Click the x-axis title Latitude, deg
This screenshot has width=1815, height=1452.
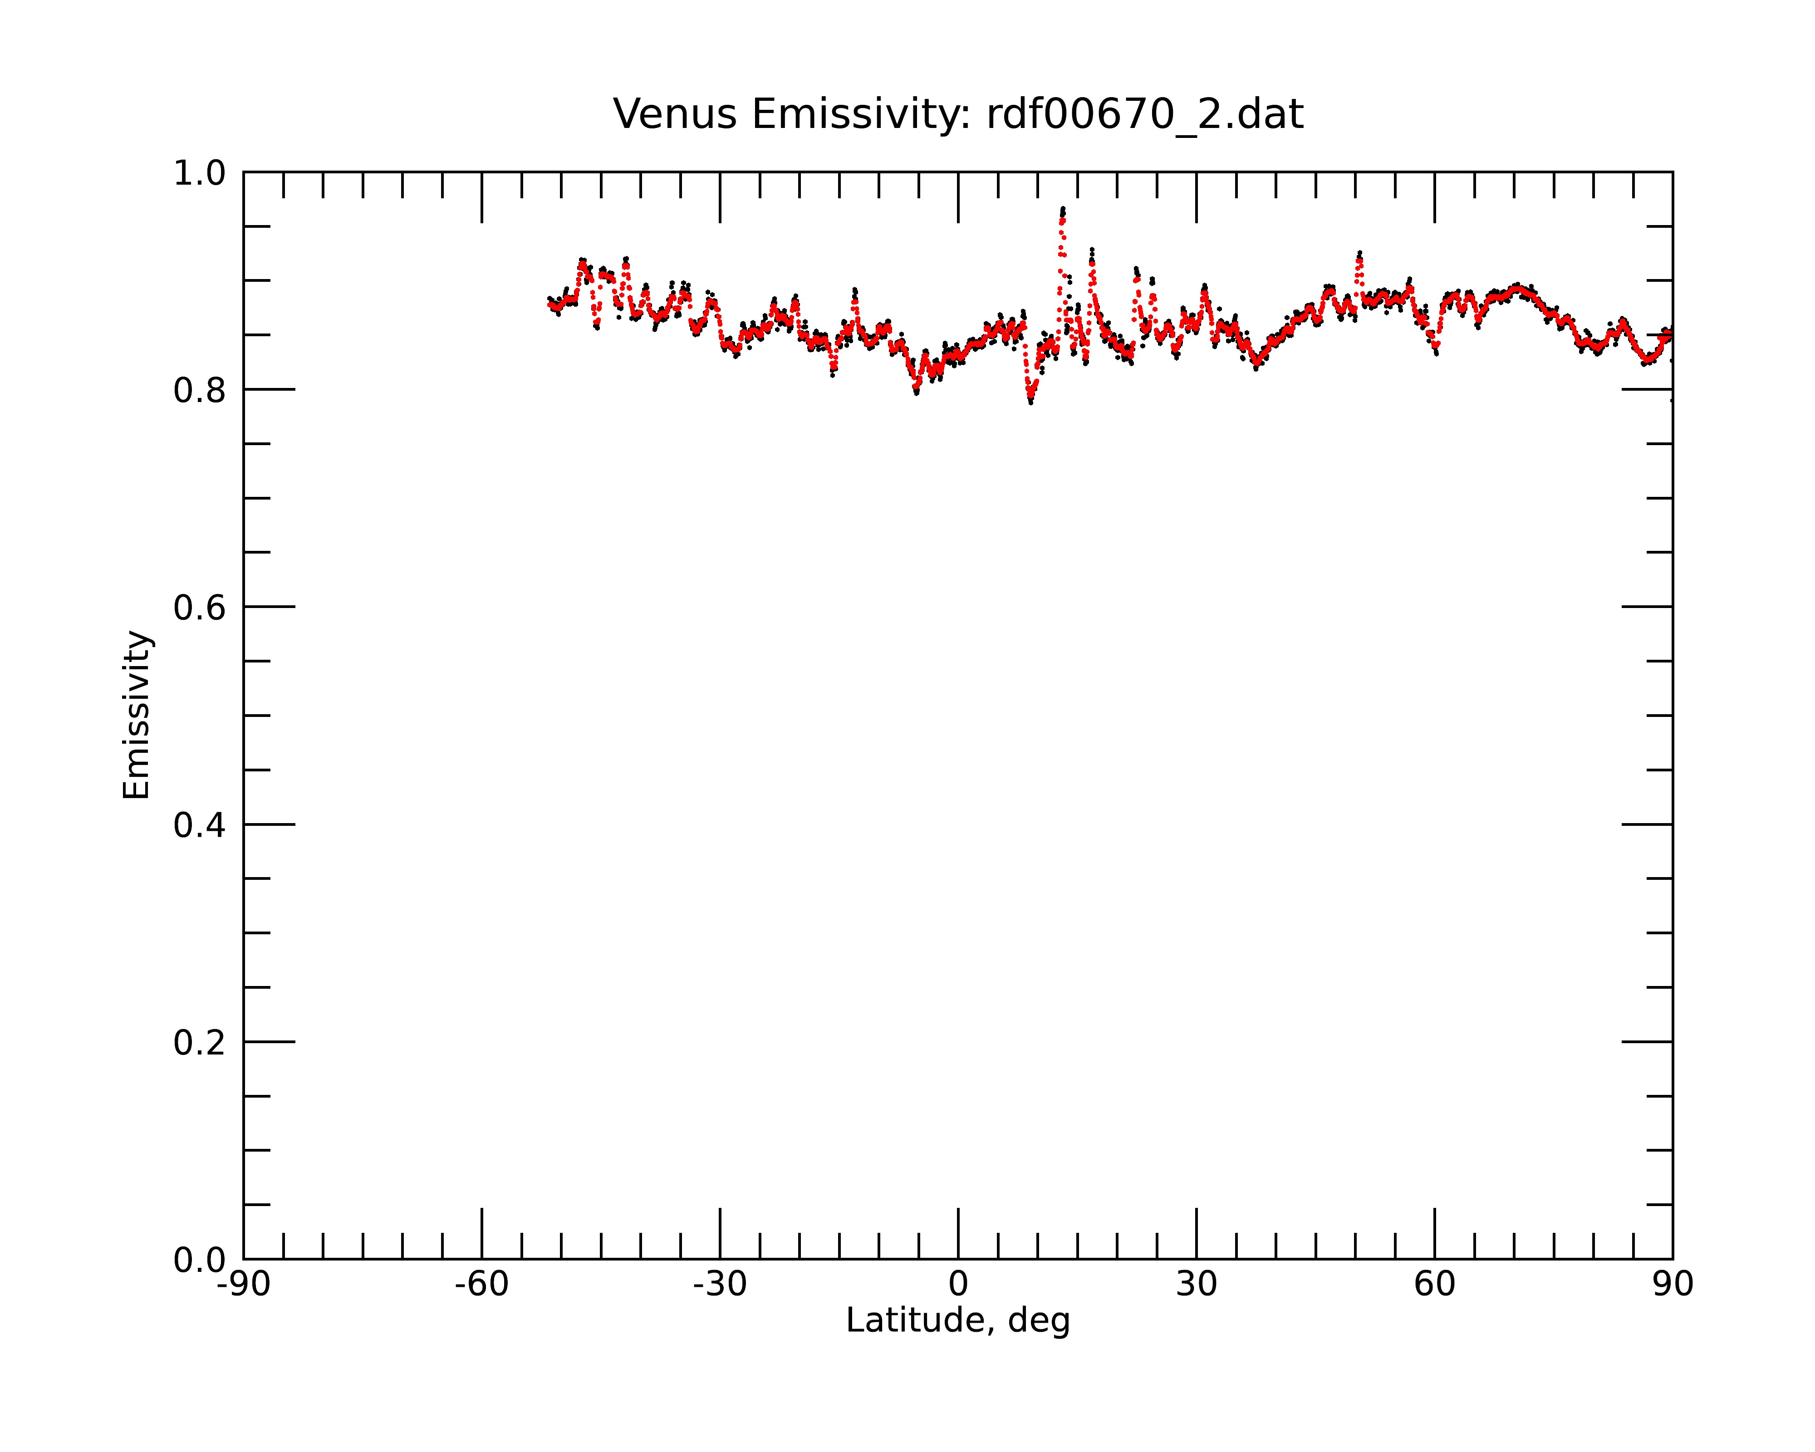pyautogui.click(x=958, y=1321)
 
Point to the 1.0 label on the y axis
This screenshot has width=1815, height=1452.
pyautogui.click(x=200, y=173)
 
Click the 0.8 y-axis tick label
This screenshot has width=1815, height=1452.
pyautogui.click(x=200, y=391)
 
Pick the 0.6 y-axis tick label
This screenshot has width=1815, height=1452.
pyautogui.click(x=200, y=608)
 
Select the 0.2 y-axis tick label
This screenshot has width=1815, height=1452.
pyautogui.click(x=200, y=1043)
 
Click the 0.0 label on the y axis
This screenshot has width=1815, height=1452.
pyautogui.click(x=200, y=1260)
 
